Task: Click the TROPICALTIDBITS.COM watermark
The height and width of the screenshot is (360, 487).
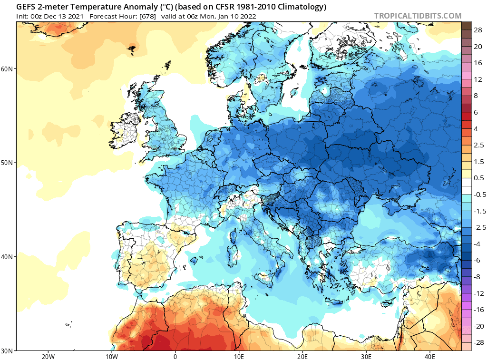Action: point(418,16)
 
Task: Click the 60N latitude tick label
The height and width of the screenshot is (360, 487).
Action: point(7,69)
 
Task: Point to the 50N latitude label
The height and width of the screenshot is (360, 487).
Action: point(7,163)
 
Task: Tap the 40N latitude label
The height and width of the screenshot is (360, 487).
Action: point(7,257)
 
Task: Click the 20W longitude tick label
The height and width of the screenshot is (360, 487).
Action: point(48,357)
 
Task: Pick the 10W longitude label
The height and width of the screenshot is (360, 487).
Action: point(111,357)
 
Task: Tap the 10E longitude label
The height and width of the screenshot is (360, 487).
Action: point(239,357)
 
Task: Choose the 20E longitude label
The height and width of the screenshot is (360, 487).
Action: point(302,357)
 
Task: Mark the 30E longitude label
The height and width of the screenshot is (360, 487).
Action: point(366,357)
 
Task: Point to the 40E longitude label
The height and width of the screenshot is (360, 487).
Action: point(430,357)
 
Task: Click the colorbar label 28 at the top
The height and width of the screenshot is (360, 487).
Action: point(477,30)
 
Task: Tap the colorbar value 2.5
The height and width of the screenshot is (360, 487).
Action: point(478,146)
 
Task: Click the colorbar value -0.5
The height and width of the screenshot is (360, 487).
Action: point(479,195)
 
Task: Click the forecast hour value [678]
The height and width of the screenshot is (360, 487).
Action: point(148,17)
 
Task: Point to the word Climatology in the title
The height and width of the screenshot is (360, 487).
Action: point(300,7)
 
